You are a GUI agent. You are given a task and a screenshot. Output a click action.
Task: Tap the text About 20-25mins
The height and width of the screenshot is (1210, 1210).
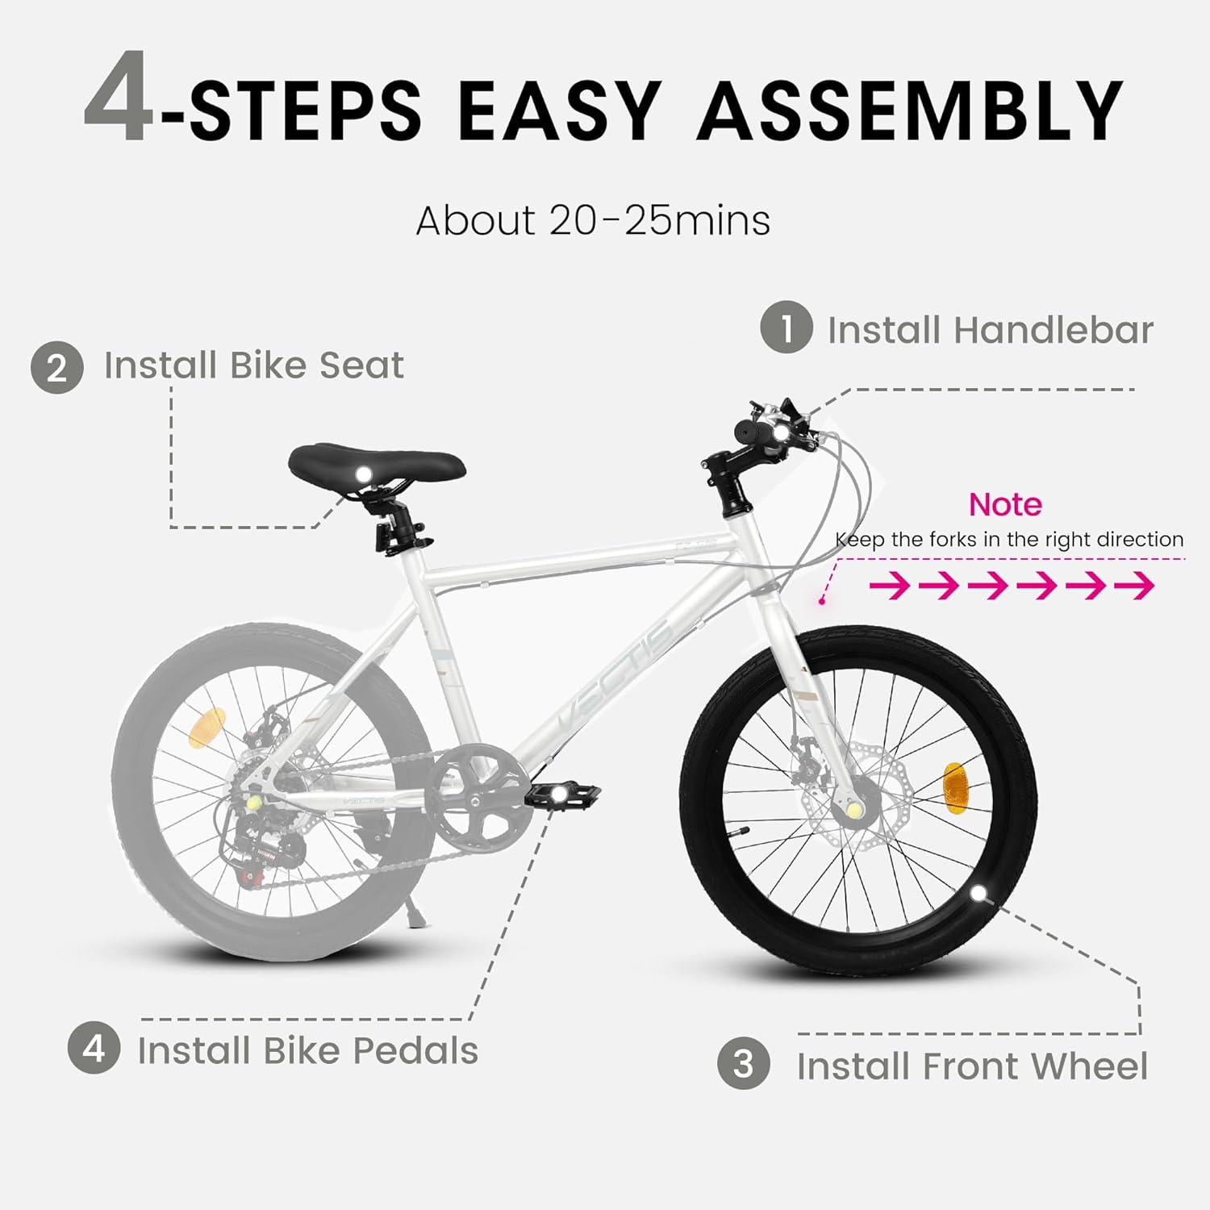point(593,220)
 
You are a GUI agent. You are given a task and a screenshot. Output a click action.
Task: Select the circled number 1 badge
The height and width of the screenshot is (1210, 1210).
point(786,327)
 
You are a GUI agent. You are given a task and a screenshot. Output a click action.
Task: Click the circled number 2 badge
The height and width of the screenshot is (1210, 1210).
point(57,368)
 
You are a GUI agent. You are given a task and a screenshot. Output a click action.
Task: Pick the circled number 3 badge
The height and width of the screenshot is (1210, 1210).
point(743,1063)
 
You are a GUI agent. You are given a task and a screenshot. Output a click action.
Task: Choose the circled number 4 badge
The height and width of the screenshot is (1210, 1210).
point(94,1048)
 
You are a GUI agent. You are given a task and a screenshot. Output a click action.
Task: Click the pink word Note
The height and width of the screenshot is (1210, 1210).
point(1005,505)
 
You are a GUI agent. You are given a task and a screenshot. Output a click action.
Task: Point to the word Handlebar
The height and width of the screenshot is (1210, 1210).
point(1053,330)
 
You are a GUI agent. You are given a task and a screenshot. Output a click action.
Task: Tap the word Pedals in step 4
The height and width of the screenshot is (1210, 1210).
point(415,1050)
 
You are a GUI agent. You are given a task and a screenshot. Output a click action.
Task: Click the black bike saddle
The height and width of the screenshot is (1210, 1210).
point(377,463)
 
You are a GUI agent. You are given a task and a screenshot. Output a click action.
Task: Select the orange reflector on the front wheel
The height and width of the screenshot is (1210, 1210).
point(954,786)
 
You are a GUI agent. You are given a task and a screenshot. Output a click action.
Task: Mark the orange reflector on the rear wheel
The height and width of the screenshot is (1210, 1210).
point(207,728)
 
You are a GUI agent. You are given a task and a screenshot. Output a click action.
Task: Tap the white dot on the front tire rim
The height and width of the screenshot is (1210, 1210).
point(978,893)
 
